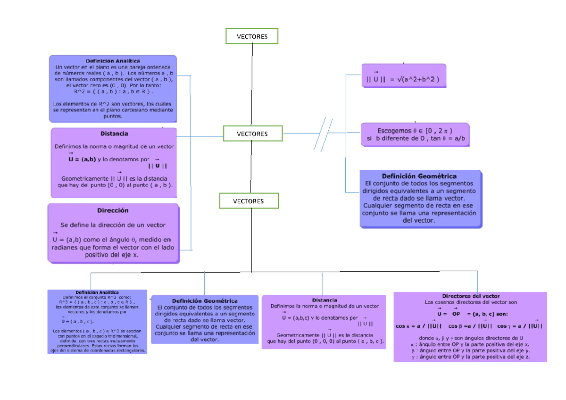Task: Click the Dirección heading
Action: click(113, 210)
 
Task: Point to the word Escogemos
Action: click(394, 130)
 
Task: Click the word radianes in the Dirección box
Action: click(66, 247)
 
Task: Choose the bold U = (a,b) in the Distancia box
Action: click(84, 159)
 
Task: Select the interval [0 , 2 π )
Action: click(439, 130)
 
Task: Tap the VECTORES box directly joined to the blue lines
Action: click(252, 134)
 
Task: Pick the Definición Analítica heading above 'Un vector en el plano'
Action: click(113, 61)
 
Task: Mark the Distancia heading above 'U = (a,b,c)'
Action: click(324, 300)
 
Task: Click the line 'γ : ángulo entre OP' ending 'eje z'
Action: click(470, 358)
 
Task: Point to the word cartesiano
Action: click(124, 110)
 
